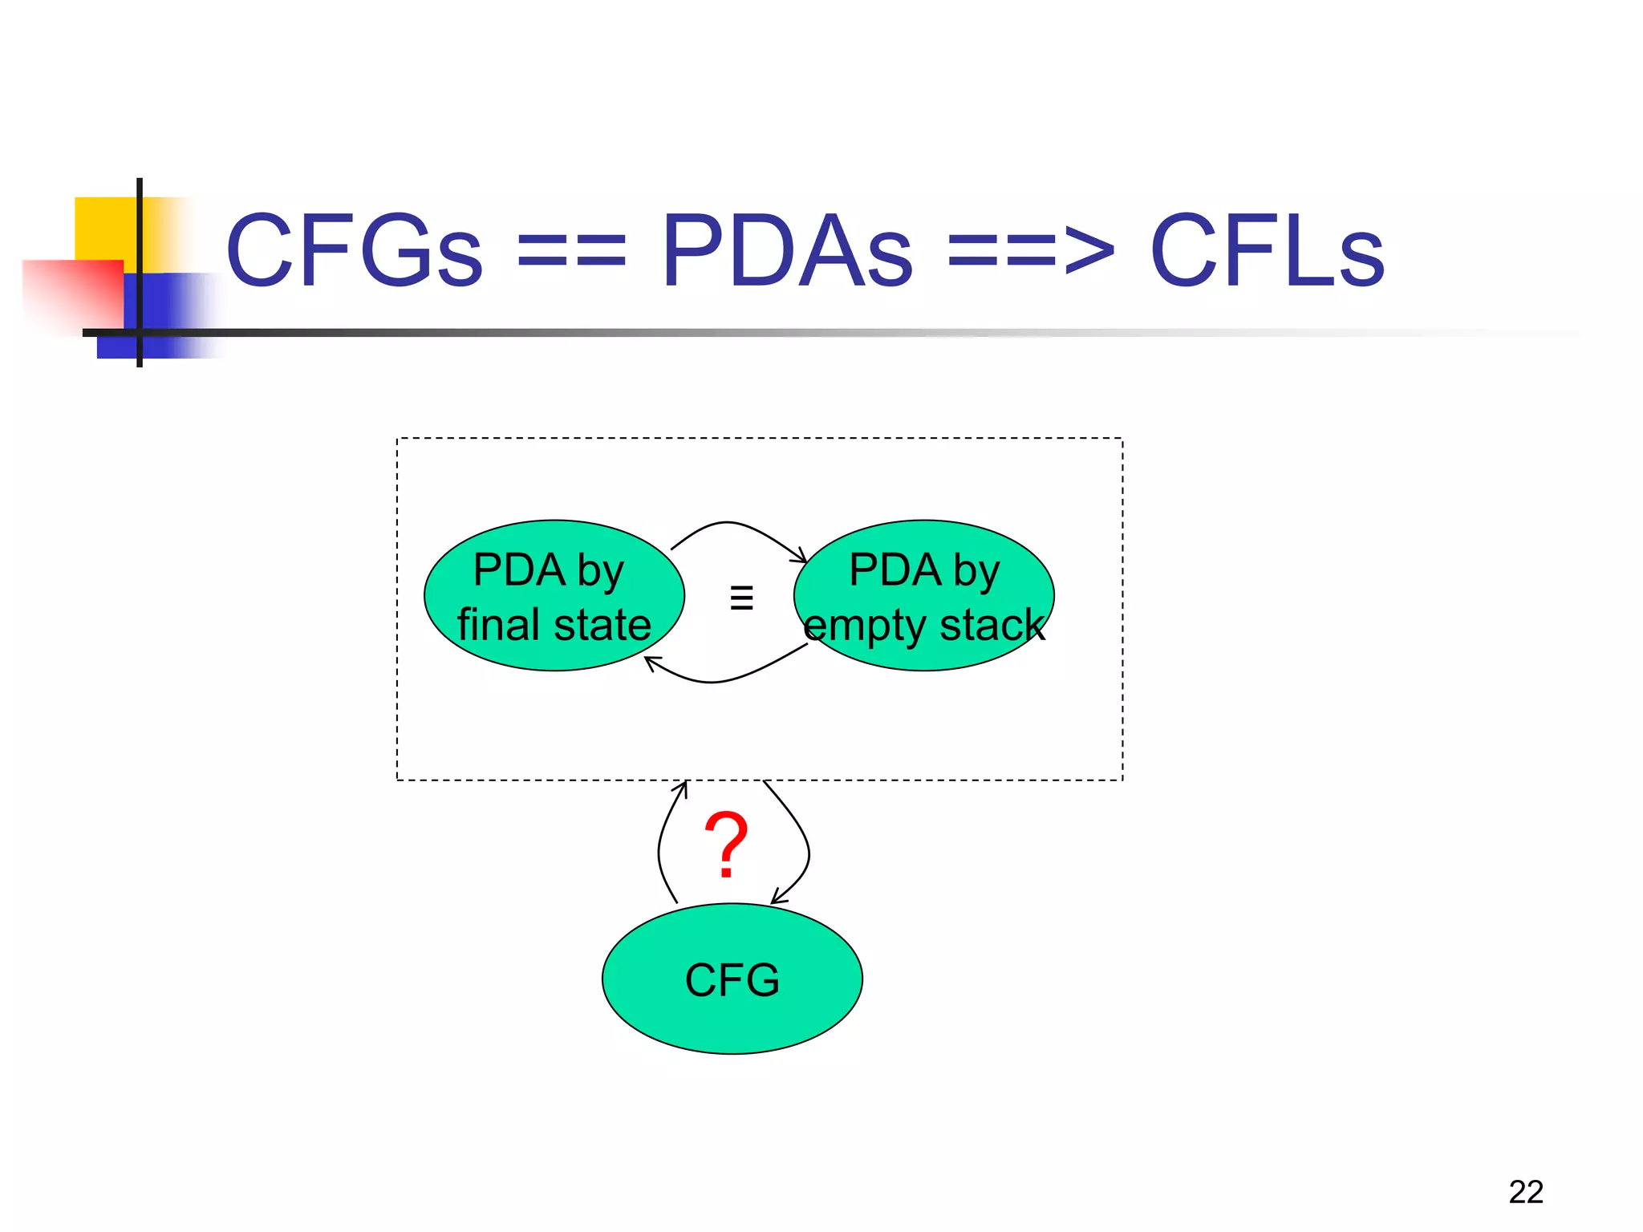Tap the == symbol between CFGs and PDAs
[x=570, y=251]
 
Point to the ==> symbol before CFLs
[x=1030, y=251]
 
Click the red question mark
[x=726, y=844]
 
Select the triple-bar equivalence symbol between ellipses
[x=741, y=598]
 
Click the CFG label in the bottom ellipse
[x=732, y=980]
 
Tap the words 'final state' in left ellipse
[x=554, y=625]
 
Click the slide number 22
[x=1525, y=1192]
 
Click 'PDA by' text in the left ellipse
[x=548, y=570]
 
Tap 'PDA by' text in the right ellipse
[x=924, y=570]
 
